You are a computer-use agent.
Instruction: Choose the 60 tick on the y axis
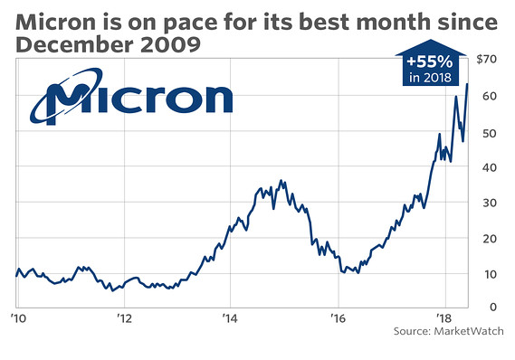click(490, 96)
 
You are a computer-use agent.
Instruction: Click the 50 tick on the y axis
click(490, 133)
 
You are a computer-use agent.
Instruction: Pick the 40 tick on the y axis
click(490, 167)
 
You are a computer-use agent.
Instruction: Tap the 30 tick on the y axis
click(490, 203)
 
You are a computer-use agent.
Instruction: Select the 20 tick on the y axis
click(490, 238)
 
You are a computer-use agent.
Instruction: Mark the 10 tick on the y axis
click(490, 273)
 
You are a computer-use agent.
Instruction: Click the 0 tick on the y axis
click(492, 308)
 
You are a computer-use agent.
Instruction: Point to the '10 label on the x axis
click(16, 318)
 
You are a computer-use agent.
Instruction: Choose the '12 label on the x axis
click(124, 318)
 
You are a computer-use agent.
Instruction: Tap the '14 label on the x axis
click(230, 318)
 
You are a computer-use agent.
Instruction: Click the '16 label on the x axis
click(338, 318)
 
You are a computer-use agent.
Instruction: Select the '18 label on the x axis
click(443, 318)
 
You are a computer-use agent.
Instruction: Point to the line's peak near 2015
click(281, 181)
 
